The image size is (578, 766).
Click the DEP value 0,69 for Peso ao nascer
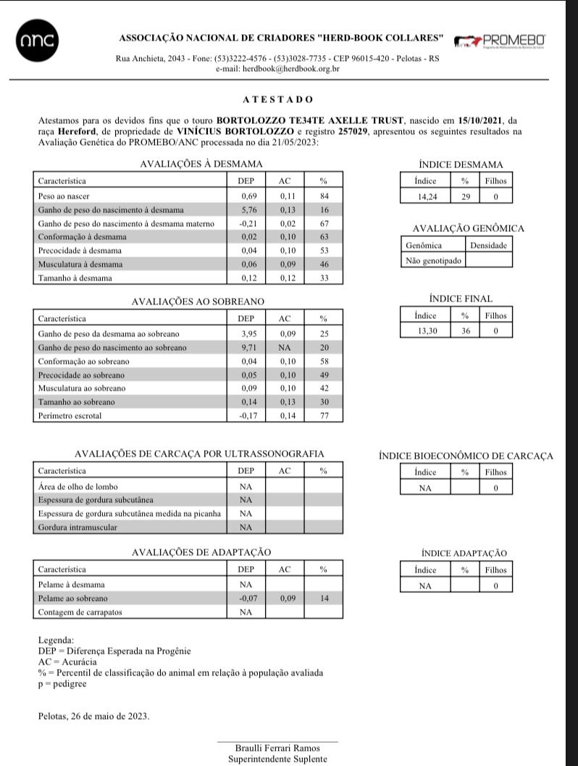248,196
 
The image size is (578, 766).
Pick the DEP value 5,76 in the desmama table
248,209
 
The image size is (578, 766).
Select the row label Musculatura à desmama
80,264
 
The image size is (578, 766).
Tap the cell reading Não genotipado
433,260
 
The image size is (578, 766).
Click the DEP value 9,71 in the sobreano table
248,348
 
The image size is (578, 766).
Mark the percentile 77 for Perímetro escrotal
324,416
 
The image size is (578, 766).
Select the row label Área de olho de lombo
78,486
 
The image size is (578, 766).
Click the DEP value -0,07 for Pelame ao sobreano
247,599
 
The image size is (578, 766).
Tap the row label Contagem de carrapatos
80,612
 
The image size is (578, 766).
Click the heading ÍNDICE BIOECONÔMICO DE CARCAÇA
465,456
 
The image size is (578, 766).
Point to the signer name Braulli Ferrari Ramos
277,748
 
